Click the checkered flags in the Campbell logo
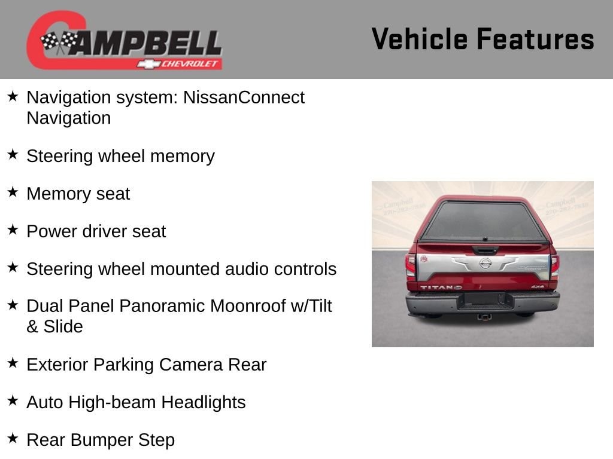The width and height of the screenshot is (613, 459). point(59,41)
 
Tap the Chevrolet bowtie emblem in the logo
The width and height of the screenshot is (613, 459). point(148,64)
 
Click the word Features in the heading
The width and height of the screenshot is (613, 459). point(535,39)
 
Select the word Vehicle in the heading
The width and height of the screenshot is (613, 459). point(419,39)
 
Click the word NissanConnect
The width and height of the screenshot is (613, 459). point(244,97)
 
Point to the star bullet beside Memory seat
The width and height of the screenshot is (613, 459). point(13,192)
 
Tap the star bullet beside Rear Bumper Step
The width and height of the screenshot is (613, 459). point(13,438)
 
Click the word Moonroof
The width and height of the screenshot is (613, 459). point(248,306)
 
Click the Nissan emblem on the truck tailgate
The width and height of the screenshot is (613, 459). point(485,263)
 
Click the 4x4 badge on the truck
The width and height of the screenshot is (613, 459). point(538,287)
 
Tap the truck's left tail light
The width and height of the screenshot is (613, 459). point(410,266)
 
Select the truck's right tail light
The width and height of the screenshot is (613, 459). point(555,266)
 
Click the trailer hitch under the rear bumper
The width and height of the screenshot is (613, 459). point(484,317)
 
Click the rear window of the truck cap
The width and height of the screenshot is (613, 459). point(484,221)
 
